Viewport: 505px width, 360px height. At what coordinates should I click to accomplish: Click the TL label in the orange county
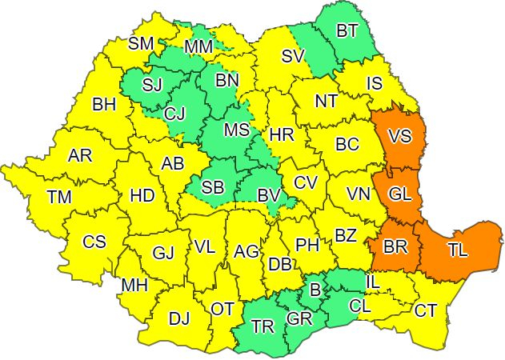pos(458,250)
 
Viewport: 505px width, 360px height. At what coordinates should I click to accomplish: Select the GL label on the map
pos(401,193)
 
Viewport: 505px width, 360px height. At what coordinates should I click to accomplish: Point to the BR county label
pos(395,247)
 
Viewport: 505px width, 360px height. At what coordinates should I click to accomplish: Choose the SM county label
pos(142,43)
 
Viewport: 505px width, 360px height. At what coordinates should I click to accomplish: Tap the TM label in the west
pos(59,196)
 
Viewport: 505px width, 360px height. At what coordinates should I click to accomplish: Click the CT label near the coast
pos(425,310)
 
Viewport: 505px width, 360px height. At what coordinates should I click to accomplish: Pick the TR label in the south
pos(263,326)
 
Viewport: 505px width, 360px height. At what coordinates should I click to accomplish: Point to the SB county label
pos(213,187)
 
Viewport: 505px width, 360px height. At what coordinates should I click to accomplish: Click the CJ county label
pos(174,114)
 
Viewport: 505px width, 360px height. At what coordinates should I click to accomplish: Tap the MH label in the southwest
pos(134,284)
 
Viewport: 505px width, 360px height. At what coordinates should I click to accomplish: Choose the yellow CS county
pos(94,242)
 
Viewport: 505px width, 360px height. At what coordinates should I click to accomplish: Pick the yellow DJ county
pos(179,318)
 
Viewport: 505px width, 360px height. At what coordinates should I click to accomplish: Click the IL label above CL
pos(373,282)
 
